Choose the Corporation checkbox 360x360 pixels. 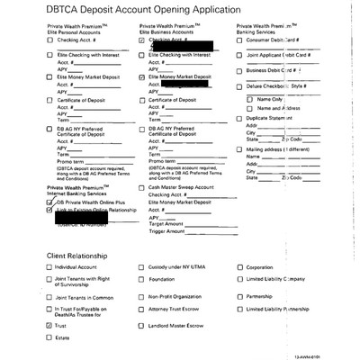click(239, 267)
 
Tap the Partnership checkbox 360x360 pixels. click(239, 295)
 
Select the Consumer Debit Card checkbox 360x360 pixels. click(238, 40)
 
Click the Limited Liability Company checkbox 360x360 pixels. click(239, 281)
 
